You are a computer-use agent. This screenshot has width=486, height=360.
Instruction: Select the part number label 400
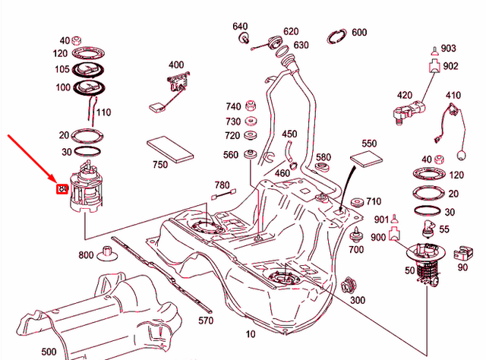(x=176, y=65)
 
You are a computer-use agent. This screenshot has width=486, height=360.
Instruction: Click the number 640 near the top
(x=240, y=26)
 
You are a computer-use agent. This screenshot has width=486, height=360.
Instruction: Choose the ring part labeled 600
(x=338, y=35)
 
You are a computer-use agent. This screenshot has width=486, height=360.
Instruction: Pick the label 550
(x=369, y=144)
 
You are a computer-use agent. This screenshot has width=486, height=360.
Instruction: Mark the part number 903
(x=449, y=48)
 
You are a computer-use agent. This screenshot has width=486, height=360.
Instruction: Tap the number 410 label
(x=453, y=96)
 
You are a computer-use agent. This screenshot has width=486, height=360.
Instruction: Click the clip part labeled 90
(x=458, y=252)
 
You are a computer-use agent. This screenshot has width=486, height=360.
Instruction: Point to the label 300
(x=358, y=300)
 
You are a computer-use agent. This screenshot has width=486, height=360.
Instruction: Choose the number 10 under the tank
(x=251, y=333)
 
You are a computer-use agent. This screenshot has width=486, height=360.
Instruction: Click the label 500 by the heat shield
(x=49, y=352)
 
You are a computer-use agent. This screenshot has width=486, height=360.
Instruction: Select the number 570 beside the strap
(x=205, y=321)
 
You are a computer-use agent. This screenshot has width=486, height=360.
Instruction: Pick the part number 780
(x=222, y=185)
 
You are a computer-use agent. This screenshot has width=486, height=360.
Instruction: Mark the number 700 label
(x=355, y=249)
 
